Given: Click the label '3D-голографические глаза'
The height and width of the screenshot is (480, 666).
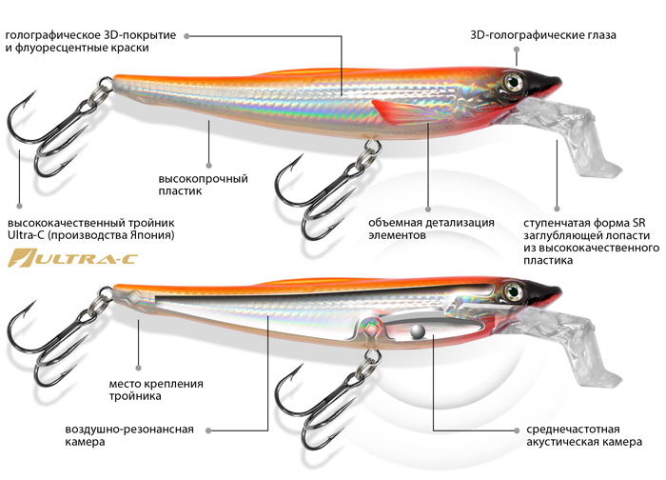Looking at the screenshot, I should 543,35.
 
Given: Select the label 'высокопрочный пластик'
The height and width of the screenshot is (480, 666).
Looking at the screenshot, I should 203,184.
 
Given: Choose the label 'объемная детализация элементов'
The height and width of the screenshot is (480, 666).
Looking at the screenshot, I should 432,229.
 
